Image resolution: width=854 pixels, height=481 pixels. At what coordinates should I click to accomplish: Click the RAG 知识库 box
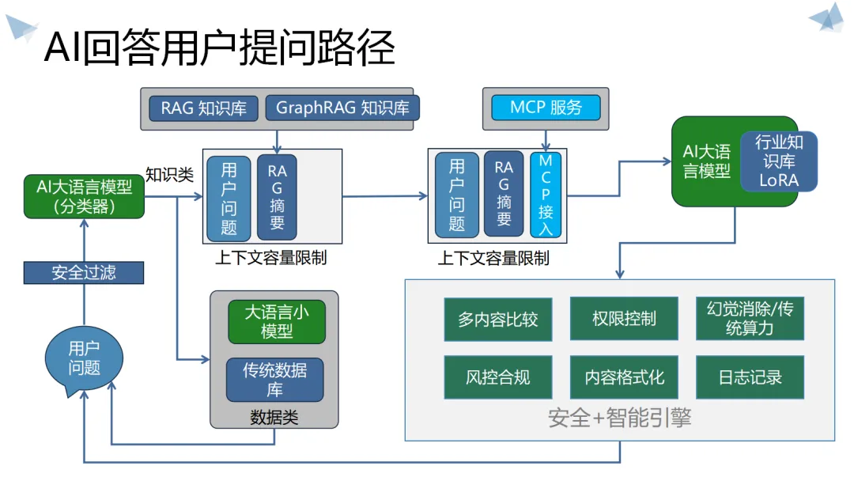coord(203,108)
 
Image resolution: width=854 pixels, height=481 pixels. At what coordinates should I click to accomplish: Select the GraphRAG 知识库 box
coord(342,108)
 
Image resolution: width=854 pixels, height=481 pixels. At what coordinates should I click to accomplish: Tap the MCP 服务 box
coord(546,108)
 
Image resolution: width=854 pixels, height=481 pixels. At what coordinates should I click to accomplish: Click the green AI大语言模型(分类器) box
coord(85,196)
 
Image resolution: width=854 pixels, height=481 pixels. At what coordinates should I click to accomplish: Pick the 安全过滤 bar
coord(84,272)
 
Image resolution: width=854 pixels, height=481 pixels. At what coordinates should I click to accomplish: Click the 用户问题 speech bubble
coord(84,359)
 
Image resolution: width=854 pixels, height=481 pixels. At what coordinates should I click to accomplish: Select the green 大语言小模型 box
coord(277,321)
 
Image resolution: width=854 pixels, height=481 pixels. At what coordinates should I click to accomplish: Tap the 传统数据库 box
coord(275,380)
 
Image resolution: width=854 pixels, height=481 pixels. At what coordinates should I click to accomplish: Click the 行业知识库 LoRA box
coord(779,161)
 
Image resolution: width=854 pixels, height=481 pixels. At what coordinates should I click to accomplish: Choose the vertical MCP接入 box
coord(546,195)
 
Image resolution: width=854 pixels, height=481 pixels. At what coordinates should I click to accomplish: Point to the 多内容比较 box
coord(498,319)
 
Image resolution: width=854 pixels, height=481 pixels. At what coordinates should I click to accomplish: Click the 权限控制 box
coord(624,319)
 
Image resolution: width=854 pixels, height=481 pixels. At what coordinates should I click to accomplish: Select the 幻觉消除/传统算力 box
coord(750,319)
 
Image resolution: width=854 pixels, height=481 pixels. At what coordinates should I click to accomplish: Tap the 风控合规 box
coord(498,377)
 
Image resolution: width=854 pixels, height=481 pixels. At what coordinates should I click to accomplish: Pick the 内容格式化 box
coord(624,377)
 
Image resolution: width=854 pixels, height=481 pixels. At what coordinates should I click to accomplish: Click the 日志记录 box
coord(750,377)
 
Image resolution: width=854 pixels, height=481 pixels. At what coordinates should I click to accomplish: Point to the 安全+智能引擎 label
coord(619,419)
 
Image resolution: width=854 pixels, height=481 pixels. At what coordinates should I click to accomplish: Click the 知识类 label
coord(169,175)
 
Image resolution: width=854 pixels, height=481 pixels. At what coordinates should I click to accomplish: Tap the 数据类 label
coord(274,418)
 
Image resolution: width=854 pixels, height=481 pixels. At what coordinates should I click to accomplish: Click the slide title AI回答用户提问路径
coord(219,47)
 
